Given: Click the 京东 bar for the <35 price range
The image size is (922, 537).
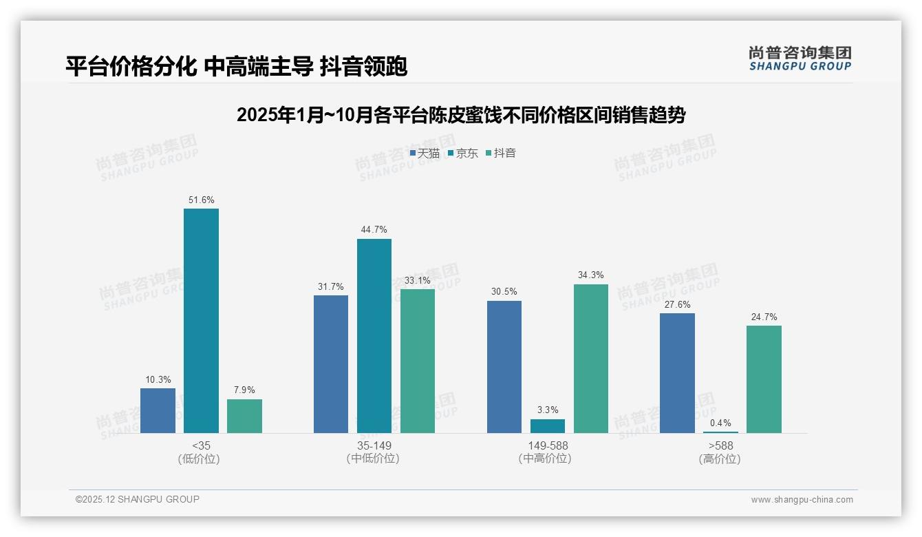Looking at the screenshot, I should click(x=201, y=320).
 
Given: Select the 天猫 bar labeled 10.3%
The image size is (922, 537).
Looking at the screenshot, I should click(x=158, y=410).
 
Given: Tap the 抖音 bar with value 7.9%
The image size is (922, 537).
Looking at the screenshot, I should click(x=244, y=416).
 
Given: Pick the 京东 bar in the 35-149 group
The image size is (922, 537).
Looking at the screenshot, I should click(x=374, y=335).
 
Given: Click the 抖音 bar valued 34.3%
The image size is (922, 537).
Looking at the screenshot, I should click(x=591, y=358).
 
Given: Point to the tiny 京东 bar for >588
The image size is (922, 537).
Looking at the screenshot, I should click(x=720, y=432).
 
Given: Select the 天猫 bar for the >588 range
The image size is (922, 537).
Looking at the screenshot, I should click(x=677, y=372).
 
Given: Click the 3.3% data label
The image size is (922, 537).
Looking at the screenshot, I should click(x=548, y=410).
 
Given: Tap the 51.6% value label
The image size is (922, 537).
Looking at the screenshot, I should click(x=201, y=200).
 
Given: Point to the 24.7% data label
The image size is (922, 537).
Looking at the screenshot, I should click(x=764, y=317).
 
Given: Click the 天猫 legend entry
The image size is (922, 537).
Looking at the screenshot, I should click(x=425, y=154).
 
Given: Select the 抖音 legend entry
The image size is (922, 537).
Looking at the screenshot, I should click(x=501, y=154).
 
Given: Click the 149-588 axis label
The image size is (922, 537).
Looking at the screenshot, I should click(x=548, y=446).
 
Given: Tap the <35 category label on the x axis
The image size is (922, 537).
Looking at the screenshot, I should click(x=201, y=446).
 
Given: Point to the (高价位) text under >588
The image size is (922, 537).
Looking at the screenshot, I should click(x=720, y=459).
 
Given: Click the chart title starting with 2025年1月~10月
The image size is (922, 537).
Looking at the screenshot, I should click(x=461, y=115).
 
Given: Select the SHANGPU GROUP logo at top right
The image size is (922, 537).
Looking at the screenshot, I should click(x=800, y=59).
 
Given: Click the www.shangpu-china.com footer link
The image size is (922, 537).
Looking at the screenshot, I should click(x=802, y=500).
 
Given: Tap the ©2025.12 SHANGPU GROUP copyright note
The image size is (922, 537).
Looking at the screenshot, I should click(x=138, y=499).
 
